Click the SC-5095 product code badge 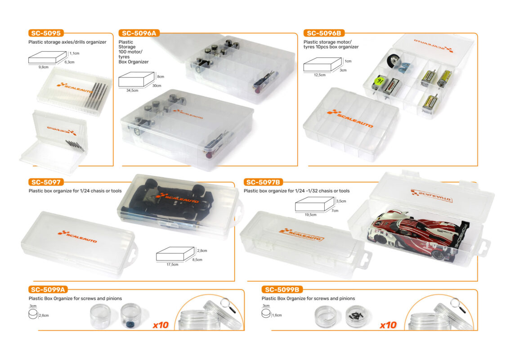point(46,33)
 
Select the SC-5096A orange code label point(139,33)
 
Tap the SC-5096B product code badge point(324,33)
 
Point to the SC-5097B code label point(263,182)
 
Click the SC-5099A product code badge point(48,290)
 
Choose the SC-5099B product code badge point(282,290)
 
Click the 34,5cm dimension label point(132,90)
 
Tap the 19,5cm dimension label point(310,215)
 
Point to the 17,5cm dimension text point(172,265)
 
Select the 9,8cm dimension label point(44,67)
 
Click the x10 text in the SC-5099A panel point(161,325)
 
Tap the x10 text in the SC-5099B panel point(388,325)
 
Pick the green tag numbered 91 point(379,81)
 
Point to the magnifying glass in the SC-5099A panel point(228,305)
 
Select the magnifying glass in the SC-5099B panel point(458,305)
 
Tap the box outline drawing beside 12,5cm point(322,64)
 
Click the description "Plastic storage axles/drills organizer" point(67,42)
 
